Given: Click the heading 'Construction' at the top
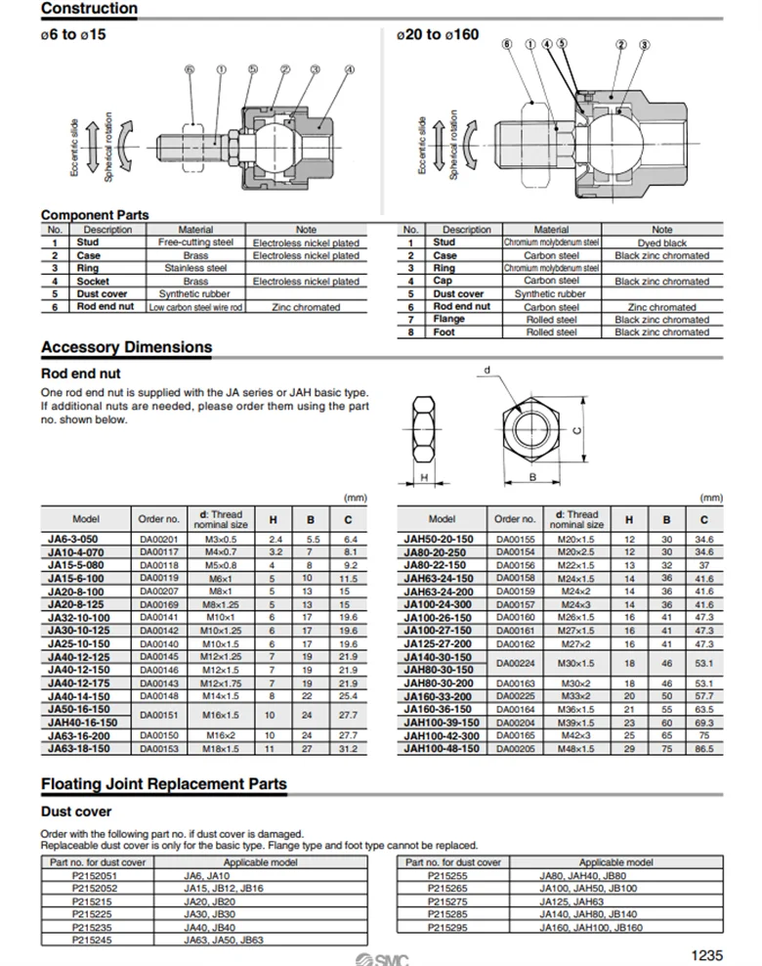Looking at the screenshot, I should pyautogui.click(x=89, y=9).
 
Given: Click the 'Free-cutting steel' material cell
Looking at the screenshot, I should pyautogui.click(x=195, y=242).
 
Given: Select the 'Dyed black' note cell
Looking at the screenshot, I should pyautogui.click(x=661, y=242).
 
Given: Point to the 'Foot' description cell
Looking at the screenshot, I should pyautogui.click(x=444, y=332).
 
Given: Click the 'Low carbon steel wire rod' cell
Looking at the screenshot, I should pyautogui.click(x=195, y=307).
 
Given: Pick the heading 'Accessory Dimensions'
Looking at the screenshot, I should pyautogui.click(x=126, y=347).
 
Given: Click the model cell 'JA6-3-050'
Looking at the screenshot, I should pyautogui.click(x=73, y=540).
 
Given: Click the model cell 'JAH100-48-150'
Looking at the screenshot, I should pyautogui.click(x=442, y=748).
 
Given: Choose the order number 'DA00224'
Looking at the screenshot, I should pyautogui.click(x=514, y=664).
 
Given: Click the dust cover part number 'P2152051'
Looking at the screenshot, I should pyautogui.click(x=95, y=875).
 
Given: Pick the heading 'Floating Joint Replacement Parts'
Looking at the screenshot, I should pyautogui.click(x=164, y=784).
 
